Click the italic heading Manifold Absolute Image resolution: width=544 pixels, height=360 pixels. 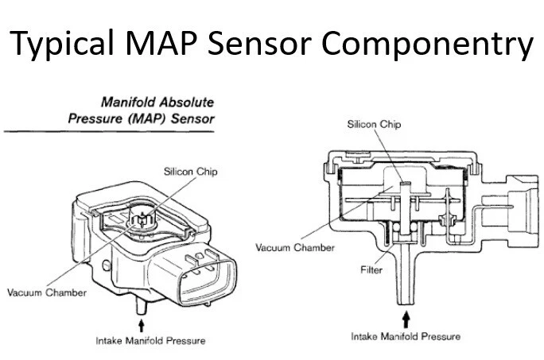point(157,103)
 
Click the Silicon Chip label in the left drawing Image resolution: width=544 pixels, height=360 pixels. point(191,171)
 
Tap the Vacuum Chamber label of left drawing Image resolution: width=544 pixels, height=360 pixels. point(47,292)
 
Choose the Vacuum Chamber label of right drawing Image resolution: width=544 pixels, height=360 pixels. point(295,247)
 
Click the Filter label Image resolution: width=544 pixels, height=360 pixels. point(372,269)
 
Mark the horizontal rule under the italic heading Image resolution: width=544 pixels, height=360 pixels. point(108,131)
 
